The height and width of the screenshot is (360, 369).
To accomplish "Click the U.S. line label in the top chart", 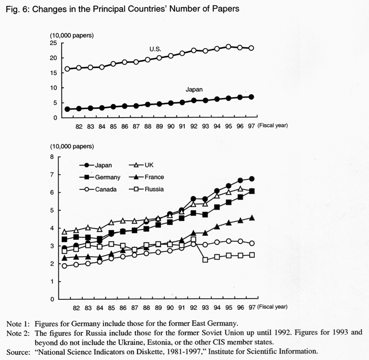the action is [x=155, y=49].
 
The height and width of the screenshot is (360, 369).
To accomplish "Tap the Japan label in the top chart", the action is [x=194, y=89].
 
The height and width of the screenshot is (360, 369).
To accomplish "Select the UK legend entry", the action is [x=141, y=165].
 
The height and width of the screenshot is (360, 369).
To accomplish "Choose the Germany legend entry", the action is [x=100, y=177].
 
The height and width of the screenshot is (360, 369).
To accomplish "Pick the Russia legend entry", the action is [x=146, y=189].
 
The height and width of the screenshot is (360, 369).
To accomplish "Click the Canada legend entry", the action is [x=98, y=189].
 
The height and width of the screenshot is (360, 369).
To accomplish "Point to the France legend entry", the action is [x=146, y=177].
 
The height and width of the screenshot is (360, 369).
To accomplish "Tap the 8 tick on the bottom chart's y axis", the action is [x=52, y=157].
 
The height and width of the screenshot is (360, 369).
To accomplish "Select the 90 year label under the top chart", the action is [x=171, y=127].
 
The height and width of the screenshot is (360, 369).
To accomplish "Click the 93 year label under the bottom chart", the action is [x=205, y=308].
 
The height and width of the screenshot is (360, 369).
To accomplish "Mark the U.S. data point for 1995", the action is [x=228, y=47].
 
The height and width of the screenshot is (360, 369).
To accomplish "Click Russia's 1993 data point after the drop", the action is [x=205, y=260].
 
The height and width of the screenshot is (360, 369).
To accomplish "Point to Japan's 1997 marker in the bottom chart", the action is [x=251, y=178].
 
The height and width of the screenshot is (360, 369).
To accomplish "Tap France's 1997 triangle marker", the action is [x=252, y=218].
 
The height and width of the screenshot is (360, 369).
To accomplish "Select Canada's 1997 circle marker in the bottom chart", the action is [x=252, y=243].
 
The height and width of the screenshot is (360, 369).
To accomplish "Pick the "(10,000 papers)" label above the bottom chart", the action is [x=72, y=146].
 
